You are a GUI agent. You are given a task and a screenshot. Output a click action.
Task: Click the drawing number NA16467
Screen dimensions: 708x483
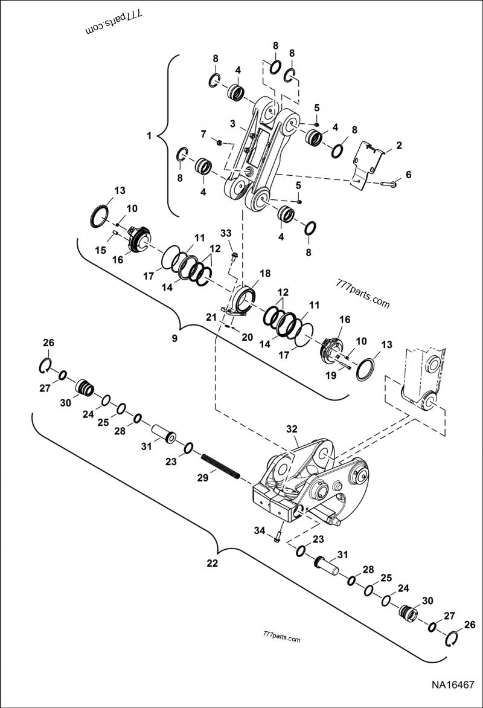pyautogui.click(x=453, y=686)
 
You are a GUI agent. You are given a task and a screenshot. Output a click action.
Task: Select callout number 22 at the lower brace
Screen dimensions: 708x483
pyautogui.click(x=212, y=563)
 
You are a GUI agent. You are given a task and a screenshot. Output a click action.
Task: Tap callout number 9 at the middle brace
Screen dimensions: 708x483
pyautogui.click(x=174, y=339)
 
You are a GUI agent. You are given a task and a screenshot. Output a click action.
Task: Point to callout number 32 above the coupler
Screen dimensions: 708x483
pyautogui.click(x=292, y=429)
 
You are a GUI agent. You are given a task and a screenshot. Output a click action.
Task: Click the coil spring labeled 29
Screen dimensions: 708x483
pyautogui.click(x=221, y=465)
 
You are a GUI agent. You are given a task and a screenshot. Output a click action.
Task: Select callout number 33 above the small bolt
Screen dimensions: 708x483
pyautogui.click(x=225, y=233)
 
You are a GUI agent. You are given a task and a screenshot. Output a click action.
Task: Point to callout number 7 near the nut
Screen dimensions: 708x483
pyautogui.click(x=203, y=133)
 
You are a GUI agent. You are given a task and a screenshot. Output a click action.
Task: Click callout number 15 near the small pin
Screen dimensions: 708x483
pyautogui.click(x=102, y=250)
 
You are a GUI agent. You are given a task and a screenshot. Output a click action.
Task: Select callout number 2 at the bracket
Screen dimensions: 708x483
pyautogui.click(x=398, y=145)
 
